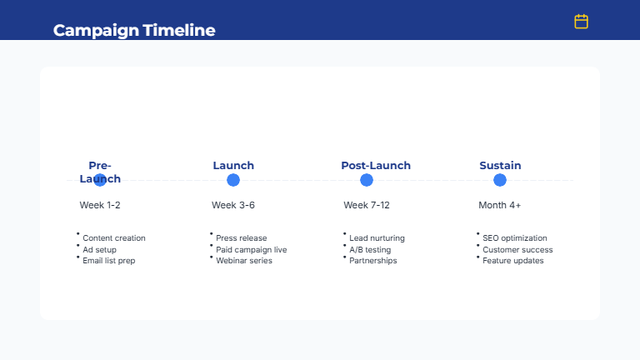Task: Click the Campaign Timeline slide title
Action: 134,31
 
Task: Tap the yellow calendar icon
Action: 581,22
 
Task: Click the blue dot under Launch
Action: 233,180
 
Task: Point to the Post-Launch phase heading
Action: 376,166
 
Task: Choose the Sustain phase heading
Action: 500,166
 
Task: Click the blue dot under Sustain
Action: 500,180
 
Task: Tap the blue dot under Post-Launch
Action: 367,180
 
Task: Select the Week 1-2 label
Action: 100,205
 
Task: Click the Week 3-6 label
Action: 233,205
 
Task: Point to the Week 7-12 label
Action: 367,205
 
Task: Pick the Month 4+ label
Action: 500,205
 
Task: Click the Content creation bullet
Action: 113,238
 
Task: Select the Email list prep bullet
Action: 108,261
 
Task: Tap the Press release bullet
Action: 242,238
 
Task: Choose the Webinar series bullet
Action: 244,261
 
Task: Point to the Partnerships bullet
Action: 373,261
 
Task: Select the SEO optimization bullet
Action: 515,238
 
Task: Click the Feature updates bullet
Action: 513,261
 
